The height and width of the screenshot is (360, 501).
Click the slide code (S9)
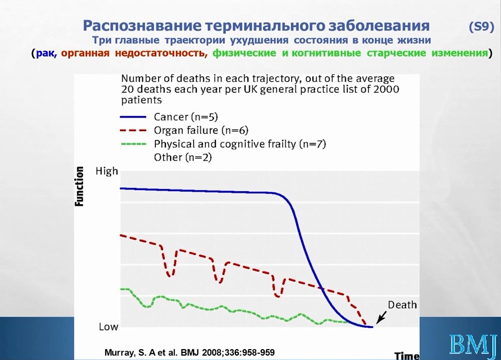point(481,26)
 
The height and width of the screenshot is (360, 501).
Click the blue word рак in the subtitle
point(44,53)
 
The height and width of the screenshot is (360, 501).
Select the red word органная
point(85,53)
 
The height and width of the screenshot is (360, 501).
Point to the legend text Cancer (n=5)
point(186,117)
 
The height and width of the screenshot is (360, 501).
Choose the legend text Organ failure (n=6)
point(201,130)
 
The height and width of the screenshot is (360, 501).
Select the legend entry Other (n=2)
point(183,157)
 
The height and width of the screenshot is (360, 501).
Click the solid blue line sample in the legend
point(133,117)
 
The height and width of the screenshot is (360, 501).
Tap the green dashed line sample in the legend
point(133,144)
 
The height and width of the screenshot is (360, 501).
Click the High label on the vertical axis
point(107,172)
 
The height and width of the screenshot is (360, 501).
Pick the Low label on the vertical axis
point(108,327)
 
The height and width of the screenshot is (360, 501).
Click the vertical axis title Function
point(79,186)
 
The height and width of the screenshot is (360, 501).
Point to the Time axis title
point(407,356)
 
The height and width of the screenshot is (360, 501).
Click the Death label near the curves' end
point(402,305)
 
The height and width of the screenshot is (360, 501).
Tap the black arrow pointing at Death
point(381,317)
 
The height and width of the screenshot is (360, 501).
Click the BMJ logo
point(474,344)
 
